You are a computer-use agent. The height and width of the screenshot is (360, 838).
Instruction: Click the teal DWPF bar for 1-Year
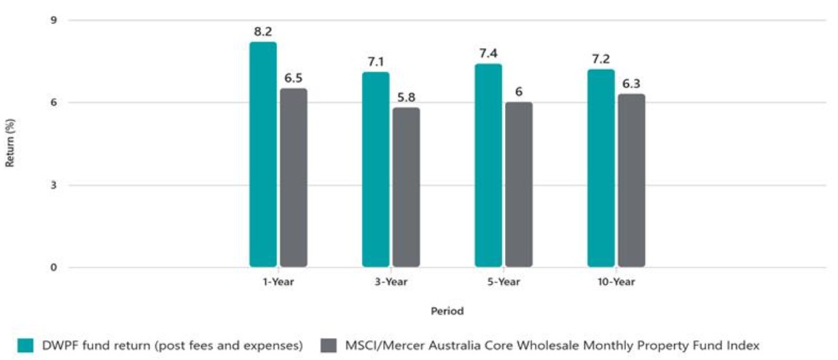263,154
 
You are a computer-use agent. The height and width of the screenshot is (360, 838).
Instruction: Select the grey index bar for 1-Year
294,178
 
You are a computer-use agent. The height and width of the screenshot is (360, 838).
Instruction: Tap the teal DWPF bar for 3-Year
375,170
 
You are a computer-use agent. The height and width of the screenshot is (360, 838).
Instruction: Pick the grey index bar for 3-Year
406,187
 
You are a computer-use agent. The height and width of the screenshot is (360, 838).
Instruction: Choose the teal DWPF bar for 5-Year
488,165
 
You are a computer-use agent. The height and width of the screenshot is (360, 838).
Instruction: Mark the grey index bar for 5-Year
519,184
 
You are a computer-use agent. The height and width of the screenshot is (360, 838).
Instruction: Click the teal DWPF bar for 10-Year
601,168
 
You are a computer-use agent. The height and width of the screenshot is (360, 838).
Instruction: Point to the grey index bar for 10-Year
632,181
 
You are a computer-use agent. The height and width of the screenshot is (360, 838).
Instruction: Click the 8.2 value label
263,32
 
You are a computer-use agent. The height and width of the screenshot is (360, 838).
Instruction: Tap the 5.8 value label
406,97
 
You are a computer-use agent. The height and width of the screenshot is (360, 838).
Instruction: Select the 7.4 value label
489,54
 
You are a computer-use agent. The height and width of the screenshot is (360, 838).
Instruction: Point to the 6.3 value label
632,83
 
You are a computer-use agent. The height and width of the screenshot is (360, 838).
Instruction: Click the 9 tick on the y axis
53,20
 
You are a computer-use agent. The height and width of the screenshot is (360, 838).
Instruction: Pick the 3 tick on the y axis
53,185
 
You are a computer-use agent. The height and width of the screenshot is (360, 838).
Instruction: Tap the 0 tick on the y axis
53,267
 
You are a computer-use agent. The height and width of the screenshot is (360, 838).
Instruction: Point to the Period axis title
447,310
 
